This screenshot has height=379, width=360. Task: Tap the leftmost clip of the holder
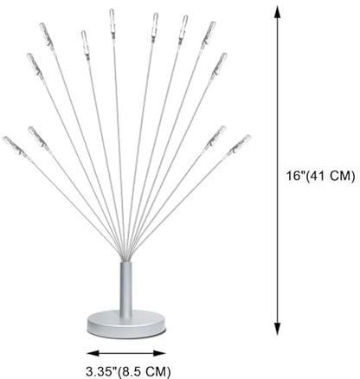tap(13, 146)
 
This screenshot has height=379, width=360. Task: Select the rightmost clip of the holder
tap(241, 144)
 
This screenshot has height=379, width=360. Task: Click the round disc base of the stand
tap(126, 324)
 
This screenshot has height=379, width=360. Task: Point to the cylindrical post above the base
tap(126, 288)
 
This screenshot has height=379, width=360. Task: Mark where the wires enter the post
tap(125, 260)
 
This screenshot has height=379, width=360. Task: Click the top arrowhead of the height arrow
tap(277, 12)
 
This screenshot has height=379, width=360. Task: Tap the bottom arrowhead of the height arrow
tap(277, 329)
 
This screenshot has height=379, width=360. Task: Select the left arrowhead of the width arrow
tap(93, 353)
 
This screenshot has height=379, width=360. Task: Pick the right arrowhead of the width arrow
tap(159, 353)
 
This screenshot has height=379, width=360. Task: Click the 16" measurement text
tap(295, 176)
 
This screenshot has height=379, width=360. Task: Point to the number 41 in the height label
tap(316, 176)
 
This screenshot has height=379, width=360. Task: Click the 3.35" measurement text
tap(102, 371)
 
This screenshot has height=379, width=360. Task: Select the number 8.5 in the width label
tap(133, 371)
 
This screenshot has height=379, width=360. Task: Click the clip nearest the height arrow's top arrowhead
tap(218, 65)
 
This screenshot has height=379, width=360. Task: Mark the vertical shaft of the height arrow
tap(277, 170)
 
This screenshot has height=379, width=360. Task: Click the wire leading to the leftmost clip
tap(72, 205)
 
